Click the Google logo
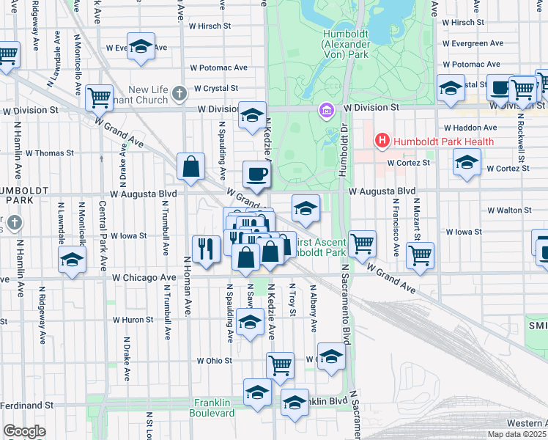[x=24, y=431]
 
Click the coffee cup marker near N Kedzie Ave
[x=256, y=175]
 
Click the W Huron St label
[x=133, y=320]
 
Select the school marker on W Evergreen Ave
[x=141, y=47]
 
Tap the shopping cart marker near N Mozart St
[x=421, y=254]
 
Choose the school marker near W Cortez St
[x=466, y=162]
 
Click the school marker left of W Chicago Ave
[x=71, y=260]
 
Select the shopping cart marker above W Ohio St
[x=280, y=364]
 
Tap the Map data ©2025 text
[x=516, y=434]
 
